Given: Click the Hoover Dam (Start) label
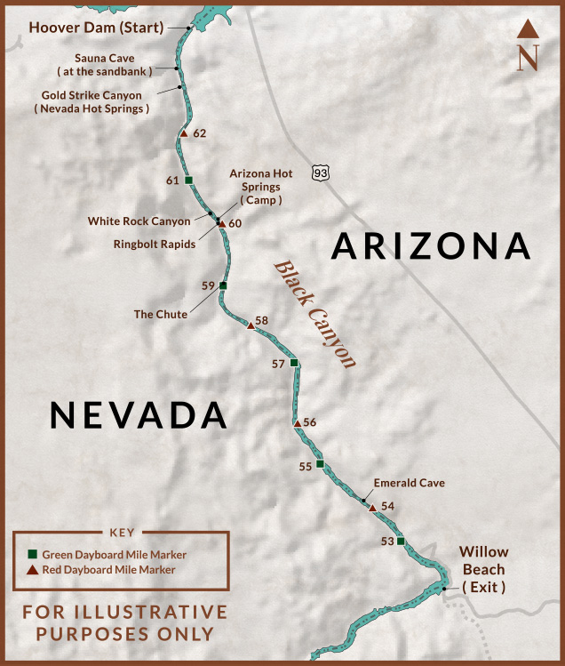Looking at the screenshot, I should point(96,27).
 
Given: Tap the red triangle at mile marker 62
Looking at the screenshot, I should point(183,133).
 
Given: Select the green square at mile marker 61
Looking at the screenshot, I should point(188,181).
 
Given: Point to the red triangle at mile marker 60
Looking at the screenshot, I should point(221,223).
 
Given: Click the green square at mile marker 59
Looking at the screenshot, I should point(223,285).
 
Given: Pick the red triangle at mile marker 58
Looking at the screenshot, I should point(251,326).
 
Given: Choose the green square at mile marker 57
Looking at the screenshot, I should point(294,363).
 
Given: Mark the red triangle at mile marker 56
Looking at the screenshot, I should point(297,423).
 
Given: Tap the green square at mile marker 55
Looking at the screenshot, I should point(320,463).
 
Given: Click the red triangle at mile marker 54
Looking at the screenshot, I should point(371,507).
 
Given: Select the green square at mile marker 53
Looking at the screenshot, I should point(401,541).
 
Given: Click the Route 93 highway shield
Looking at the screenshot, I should point(321,172).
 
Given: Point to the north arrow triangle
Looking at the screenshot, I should point(529,30).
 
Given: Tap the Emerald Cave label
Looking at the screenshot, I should point(409,483).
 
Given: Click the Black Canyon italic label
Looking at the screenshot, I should point(314,314).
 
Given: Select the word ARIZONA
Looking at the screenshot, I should point(431,245).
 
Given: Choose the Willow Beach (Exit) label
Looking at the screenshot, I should point(483,569).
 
